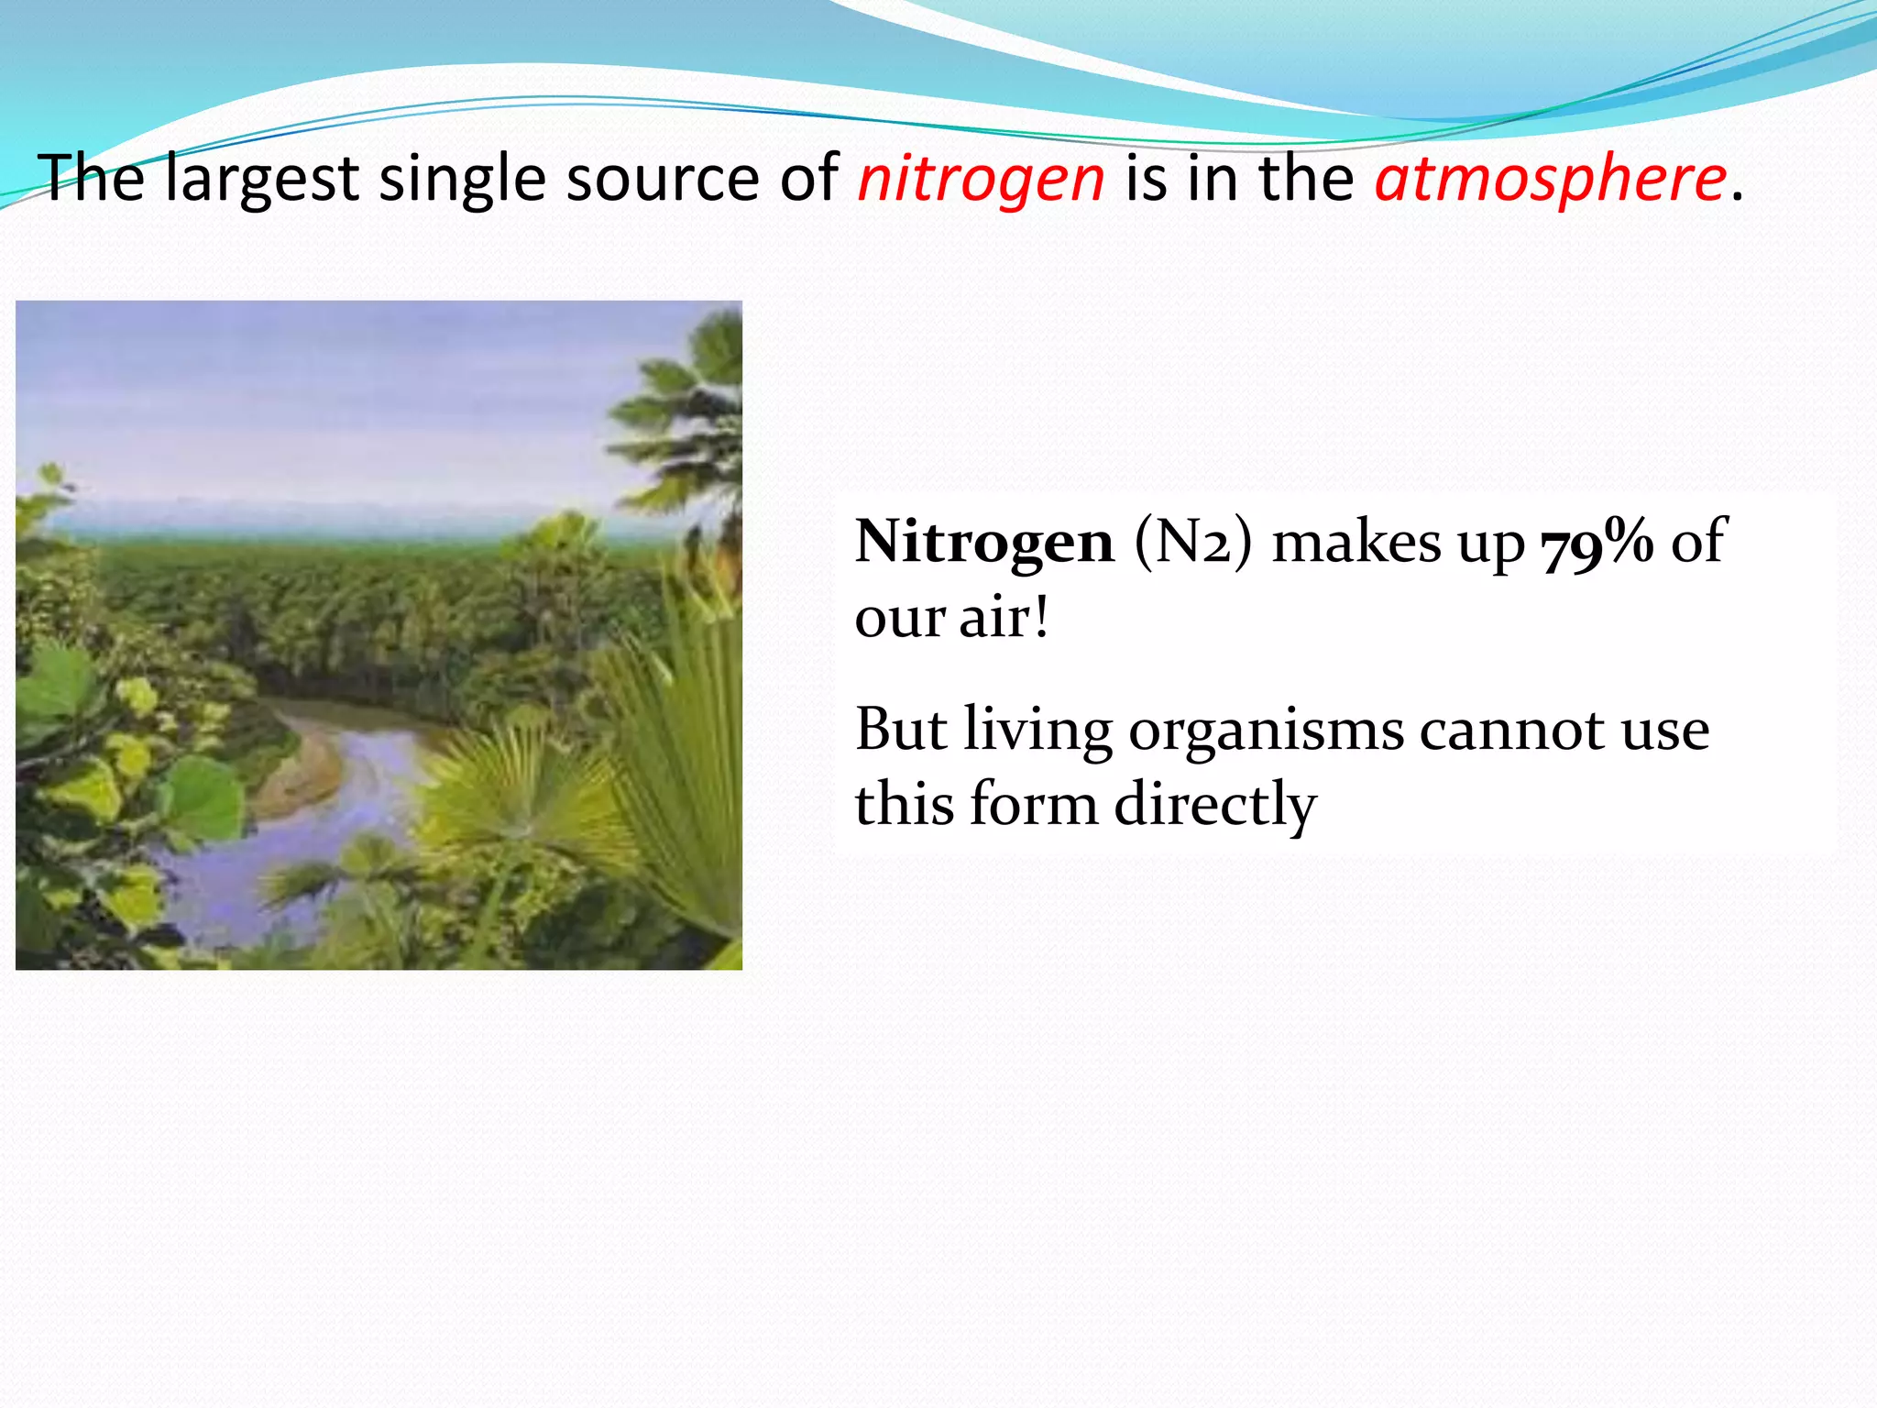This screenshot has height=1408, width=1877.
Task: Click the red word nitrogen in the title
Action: [981, 180]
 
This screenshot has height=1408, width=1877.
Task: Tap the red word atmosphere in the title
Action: [1549, 180]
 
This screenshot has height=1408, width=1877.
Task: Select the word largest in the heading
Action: [262, 180]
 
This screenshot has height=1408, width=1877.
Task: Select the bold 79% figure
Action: [1597, 543]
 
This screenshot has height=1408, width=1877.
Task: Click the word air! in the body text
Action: [1004, 618]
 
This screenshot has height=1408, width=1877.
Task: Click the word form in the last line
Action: [1033, 804]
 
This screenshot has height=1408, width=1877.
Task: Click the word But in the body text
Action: [901, 731]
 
